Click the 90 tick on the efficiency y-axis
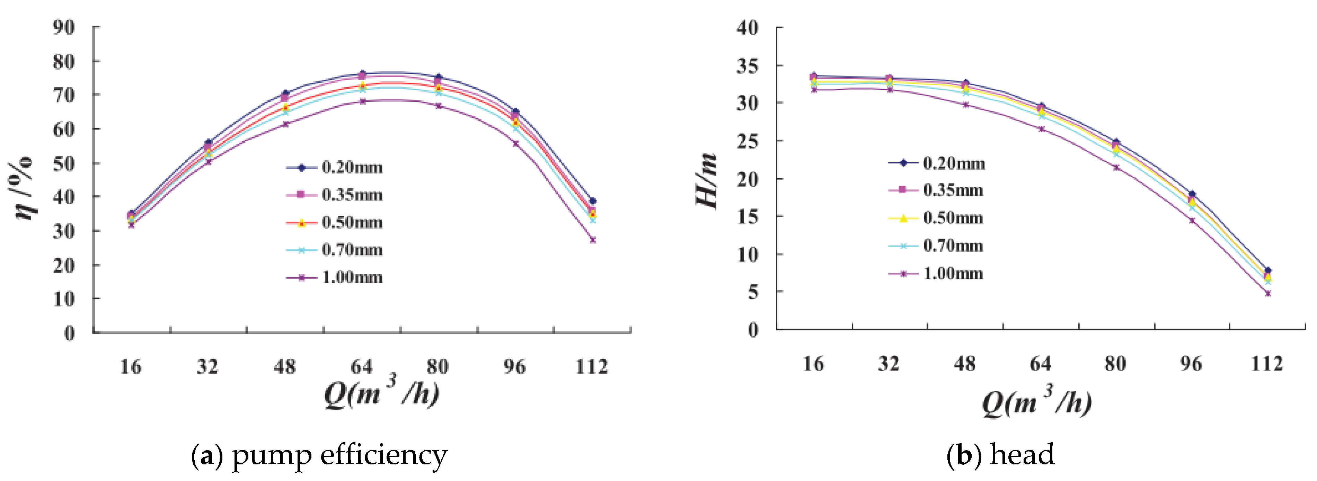click(x=63, y=27)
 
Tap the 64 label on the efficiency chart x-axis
click(x=361, y=366)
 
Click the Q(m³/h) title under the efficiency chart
click(x=381, y=393)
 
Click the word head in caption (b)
click(x=1022, y=454)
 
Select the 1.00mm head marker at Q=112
click(x=1267, y=293)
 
